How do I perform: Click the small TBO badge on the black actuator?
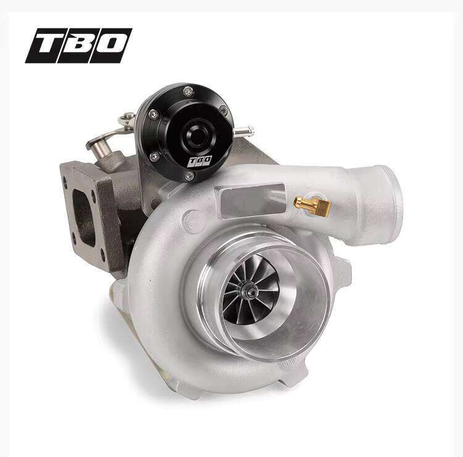(x=200, y=161)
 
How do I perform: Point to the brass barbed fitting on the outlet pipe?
(x=312, y=204)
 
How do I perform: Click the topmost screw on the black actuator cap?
(x=188, y=91)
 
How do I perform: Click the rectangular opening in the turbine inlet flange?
(x=84, y=218)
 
